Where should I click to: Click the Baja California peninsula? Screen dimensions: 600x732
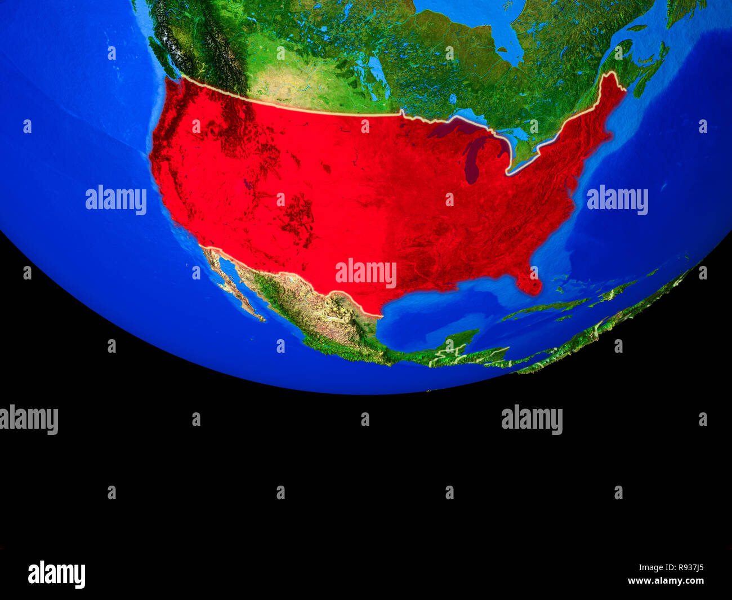pyautogui.click(x=231, y=282)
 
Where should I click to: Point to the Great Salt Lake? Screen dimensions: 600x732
pyautogui.click(x=247, y=184)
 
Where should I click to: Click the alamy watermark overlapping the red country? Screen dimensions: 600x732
pyautogui.click(x=366, y=273)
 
